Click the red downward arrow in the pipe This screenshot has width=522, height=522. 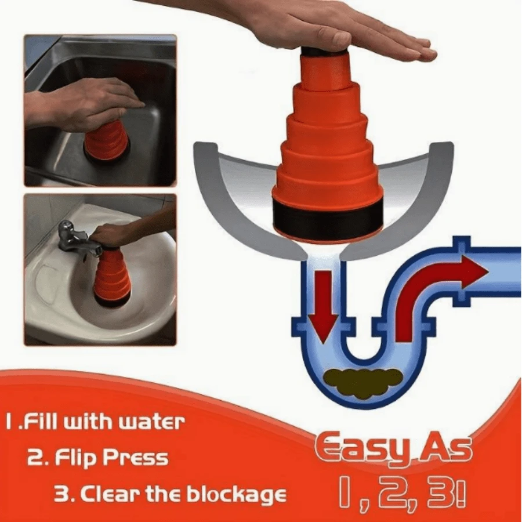tap(321, 304)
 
